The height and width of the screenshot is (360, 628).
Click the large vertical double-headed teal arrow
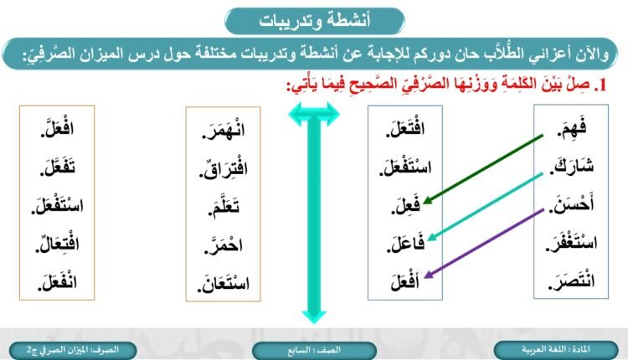(x=312, y=214)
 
